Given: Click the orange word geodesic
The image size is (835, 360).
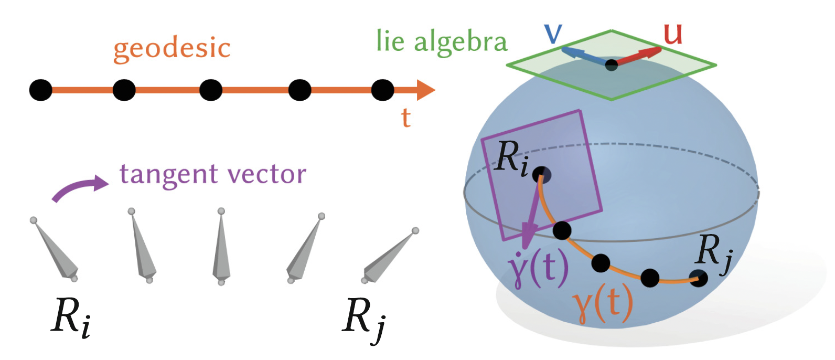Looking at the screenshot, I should (x=172, y=48).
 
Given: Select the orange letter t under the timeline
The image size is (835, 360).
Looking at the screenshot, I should (x=405, y=118).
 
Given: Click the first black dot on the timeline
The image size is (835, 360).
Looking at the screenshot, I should (x=40, y=90).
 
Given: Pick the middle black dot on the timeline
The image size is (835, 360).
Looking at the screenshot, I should (x=211, y=90).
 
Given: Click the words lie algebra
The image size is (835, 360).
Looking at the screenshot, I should (x=442, y=42).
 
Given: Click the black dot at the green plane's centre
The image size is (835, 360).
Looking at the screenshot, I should (x=612, y=66).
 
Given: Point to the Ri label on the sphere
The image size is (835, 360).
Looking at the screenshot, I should (x=511, y=157).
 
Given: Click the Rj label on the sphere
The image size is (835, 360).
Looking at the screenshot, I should (x=713, y=252).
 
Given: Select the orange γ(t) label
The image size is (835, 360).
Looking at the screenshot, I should (x=602, y=304).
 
